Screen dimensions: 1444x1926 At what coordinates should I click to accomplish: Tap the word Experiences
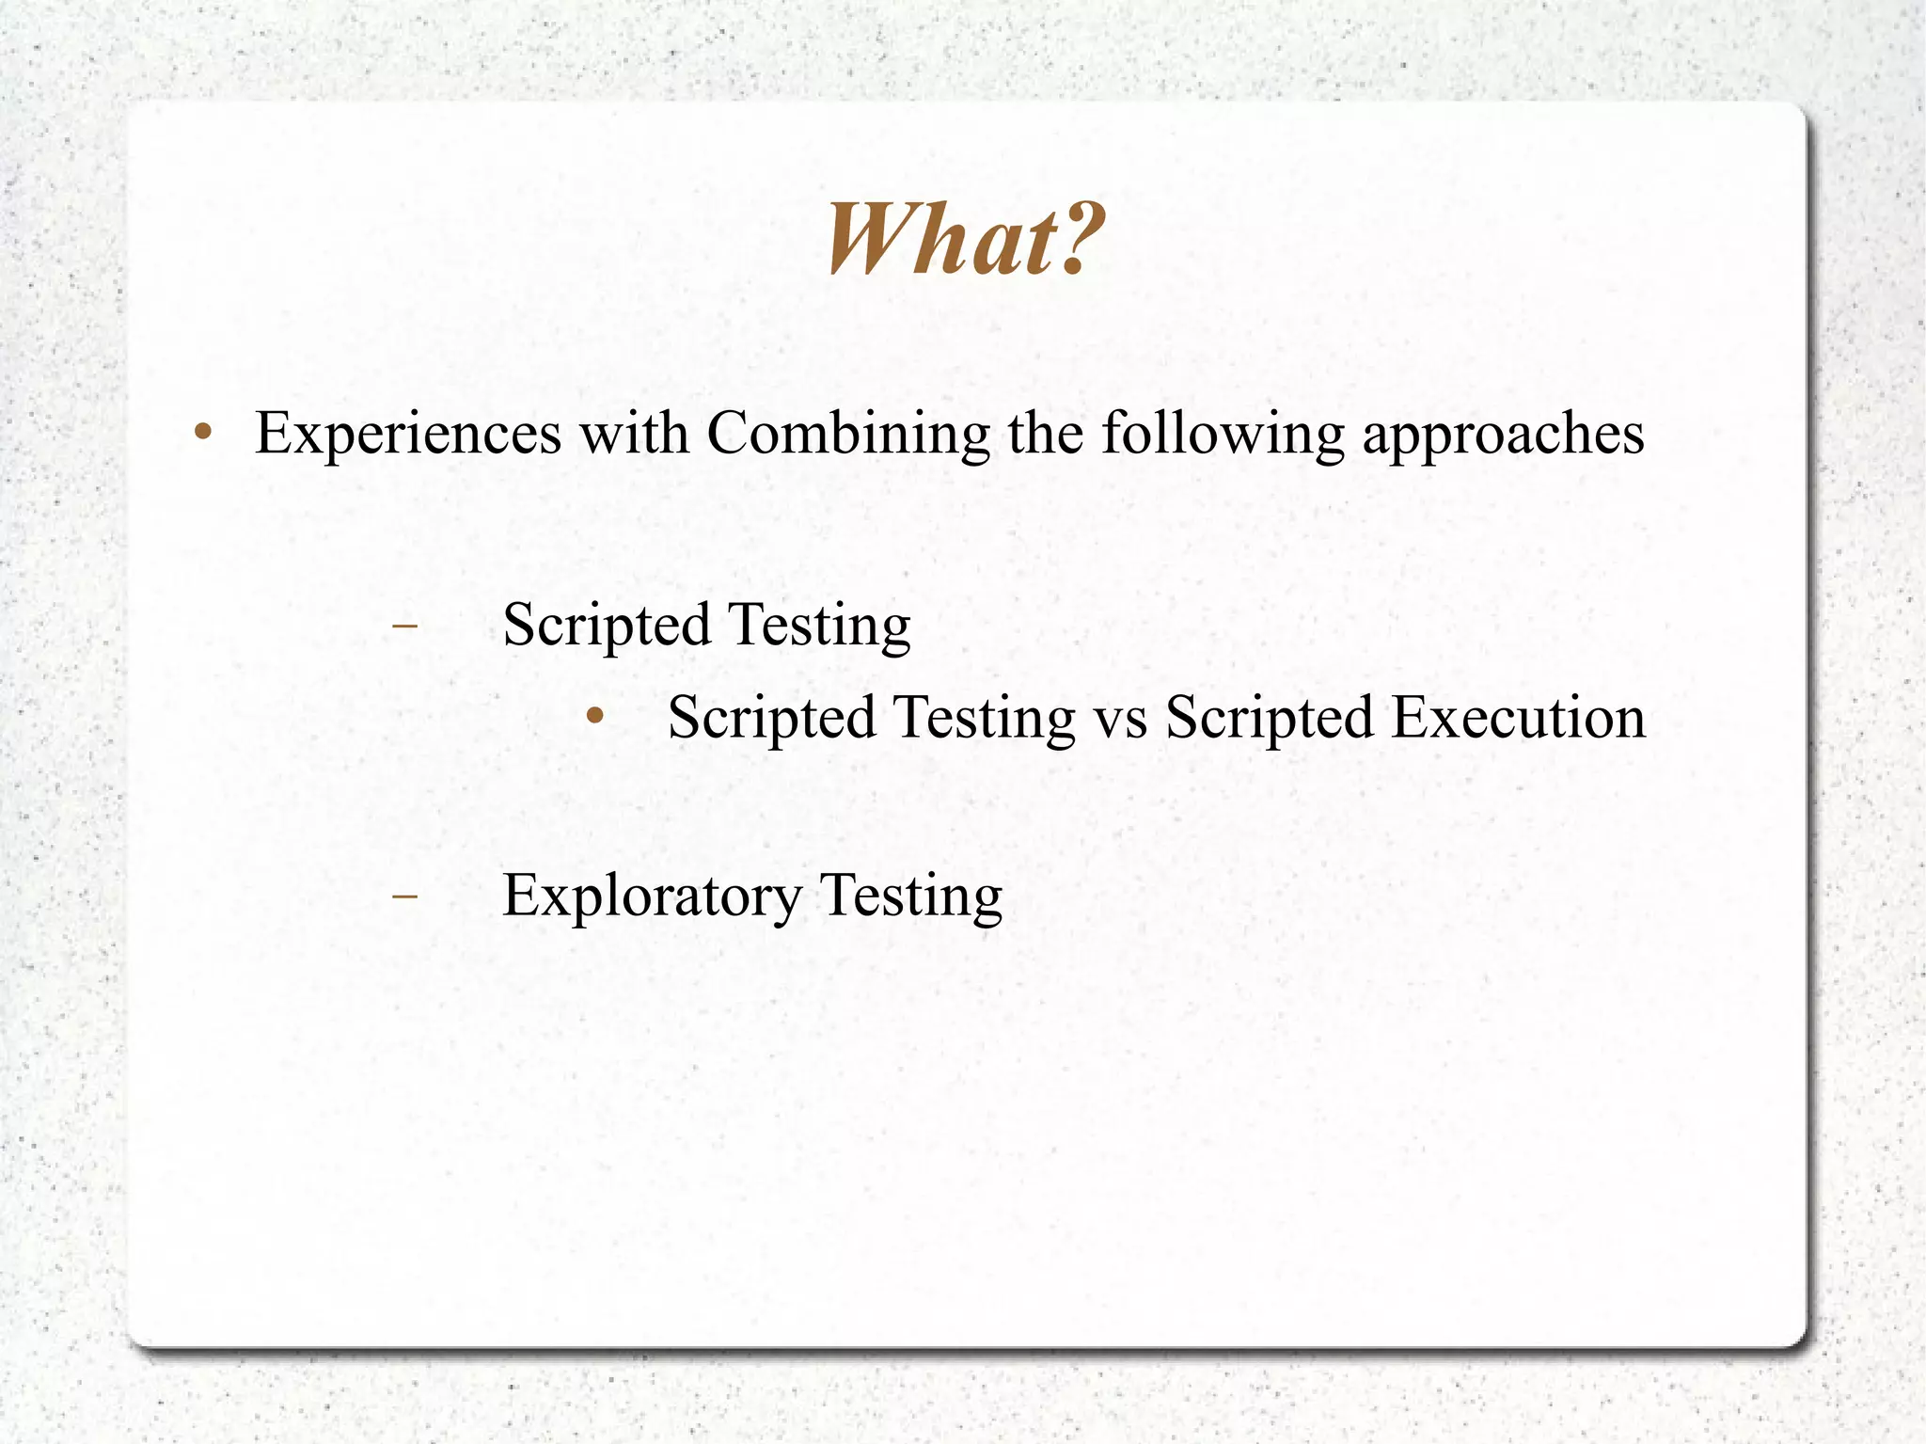pos(408,434)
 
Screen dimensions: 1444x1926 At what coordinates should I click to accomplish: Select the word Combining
pos(848,434)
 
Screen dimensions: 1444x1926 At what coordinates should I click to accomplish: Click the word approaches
pos(1503,436)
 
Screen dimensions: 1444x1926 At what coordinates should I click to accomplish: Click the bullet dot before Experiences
pos(202,434)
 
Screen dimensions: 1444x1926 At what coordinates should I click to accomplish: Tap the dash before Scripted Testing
pos(404,625)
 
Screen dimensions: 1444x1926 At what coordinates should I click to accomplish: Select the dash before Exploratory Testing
pos(404,896)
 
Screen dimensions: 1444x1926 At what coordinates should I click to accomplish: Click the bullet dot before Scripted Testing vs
pos(593,717)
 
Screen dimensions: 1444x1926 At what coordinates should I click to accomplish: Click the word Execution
pos(1519,718)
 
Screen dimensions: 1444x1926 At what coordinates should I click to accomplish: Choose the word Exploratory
pos(652,896)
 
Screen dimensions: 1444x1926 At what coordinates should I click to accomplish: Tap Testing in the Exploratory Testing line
pos(911,896)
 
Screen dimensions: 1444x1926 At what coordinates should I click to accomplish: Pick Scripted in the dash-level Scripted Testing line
pos(607,625)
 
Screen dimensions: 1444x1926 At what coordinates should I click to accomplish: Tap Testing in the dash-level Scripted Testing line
pos(819,625)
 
